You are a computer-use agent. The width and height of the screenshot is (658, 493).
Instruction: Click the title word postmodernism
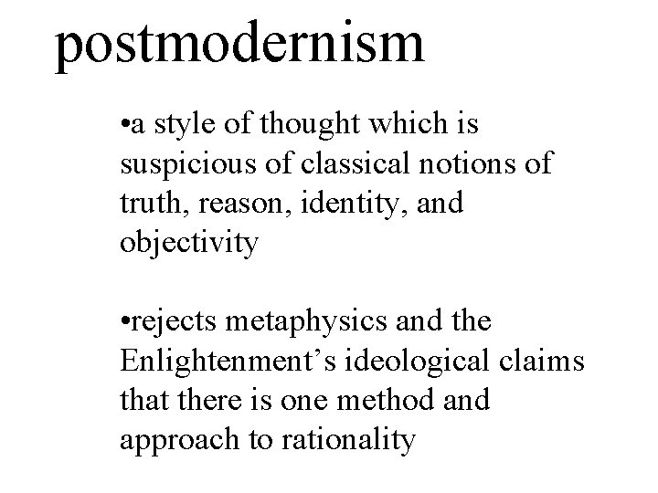pos(239,43)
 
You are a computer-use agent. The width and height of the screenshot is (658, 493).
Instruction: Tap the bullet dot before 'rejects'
pos(124,323)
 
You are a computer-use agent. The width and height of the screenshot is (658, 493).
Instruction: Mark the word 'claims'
pos(549,362)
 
